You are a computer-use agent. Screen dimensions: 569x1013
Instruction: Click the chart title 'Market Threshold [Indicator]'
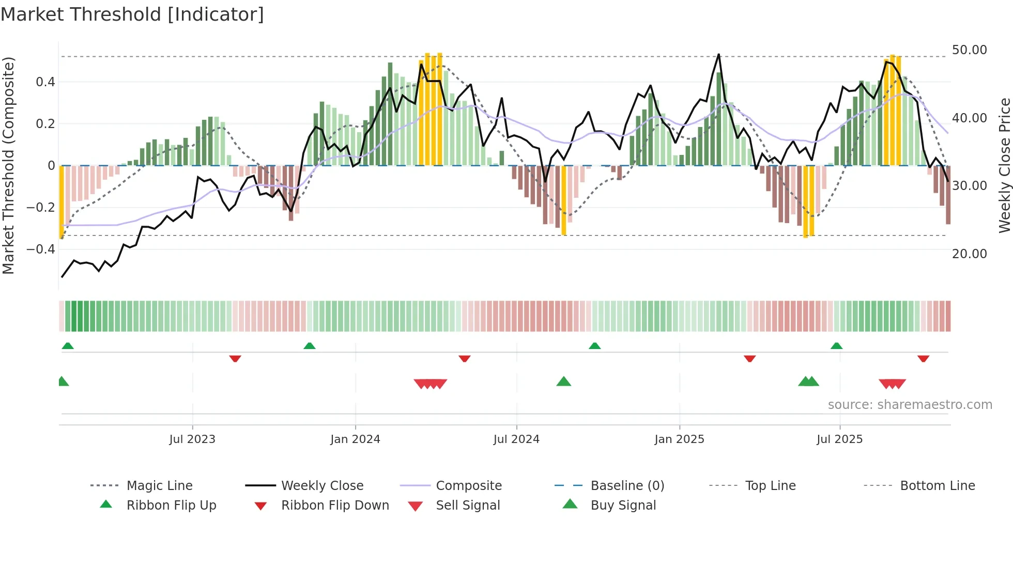pos(132,14)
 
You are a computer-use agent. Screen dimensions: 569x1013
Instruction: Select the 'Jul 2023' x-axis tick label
pos(192,439)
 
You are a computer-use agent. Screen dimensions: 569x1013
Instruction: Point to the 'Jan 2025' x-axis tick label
pos(679,439)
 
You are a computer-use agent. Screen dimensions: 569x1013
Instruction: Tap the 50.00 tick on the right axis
pos(969,50)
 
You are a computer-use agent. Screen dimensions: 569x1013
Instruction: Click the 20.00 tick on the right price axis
pos(969,254)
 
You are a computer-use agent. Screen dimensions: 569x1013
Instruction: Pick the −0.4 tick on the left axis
pos(41,249)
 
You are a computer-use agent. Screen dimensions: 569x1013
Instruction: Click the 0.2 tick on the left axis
pos(45,123)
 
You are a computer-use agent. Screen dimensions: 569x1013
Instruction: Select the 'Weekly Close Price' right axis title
pos(1004,165)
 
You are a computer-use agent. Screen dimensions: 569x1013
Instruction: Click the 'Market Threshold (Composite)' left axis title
pos(8,165)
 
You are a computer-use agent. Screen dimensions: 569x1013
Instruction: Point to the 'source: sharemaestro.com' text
pos(910,404)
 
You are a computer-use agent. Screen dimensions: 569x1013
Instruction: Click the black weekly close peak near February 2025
pos(718,55)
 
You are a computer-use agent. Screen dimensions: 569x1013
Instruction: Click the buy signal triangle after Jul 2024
pos(564,382)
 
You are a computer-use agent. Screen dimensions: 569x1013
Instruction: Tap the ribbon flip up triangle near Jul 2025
pos(837,346)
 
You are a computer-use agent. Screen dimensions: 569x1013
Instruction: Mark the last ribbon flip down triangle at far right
pos(924,358)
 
